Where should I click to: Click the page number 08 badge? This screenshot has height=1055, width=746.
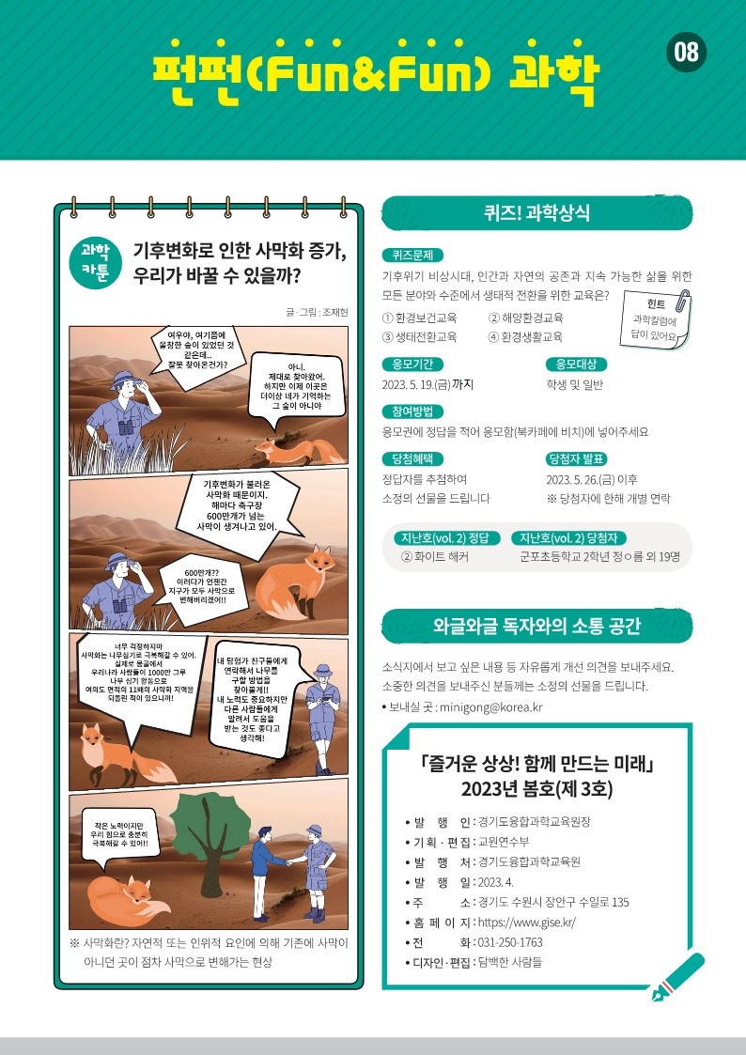coord(686,52)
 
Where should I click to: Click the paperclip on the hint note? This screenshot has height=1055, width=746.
coord(682,300)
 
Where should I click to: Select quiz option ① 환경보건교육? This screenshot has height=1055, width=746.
coord(419,318)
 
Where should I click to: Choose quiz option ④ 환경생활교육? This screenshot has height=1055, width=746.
coord(525,337)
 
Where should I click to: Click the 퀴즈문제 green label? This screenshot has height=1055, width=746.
coord(412,255)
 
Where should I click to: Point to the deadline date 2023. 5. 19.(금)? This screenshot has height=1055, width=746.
coord(416,384)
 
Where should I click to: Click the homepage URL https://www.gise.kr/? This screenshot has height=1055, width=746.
coord(527,923)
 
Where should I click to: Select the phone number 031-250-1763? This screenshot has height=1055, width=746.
coord(510,942)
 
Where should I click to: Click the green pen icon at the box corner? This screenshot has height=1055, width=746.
coord(678,976)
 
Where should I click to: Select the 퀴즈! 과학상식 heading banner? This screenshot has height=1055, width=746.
coord(536,213)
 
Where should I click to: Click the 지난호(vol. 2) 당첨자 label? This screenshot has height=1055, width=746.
coord(568,537)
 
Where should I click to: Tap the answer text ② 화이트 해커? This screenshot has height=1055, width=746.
coord(435,557)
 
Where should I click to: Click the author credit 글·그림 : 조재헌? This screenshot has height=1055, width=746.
coord(317,312)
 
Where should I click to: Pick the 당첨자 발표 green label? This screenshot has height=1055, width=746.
coord(577,458)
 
